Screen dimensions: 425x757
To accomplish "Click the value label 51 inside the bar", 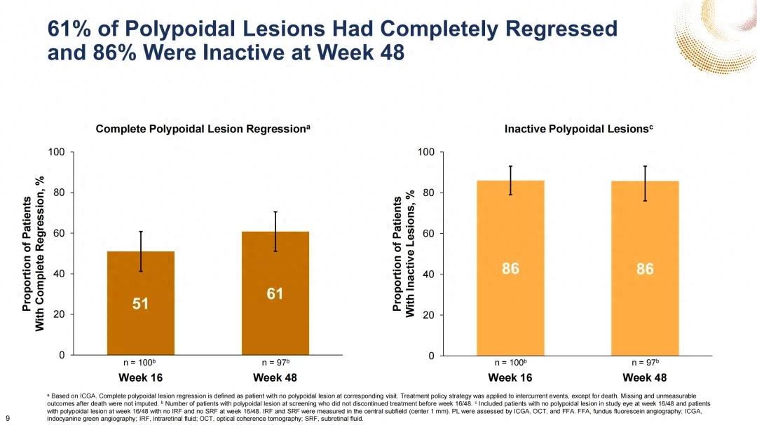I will pyautogui.click(x=141, y=304).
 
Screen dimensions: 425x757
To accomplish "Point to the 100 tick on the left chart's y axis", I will pyautogui.click(x=56, y=152).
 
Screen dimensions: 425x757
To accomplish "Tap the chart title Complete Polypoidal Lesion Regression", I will pyautogui.click(x=203, y=130).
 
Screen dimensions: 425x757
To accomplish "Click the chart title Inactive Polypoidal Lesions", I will pyautogui.click(x=579, y=130).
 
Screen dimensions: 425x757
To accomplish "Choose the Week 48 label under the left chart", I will pyautogui.click(x=275, y=378).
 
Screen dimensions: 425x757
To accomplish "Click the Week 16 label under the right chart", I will pyautogui.click(x=510, y=378).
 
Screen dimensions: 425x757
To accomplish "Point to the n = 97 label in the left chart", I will pyautogui.click(x=275, y=363).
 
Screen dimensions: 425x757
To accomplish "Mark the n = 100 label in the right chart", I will pyautogui.click(x=510, y=363).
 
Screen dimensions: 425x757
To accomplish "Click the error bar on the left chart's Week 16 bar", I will pyautogui.click(x=141, y=251).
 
